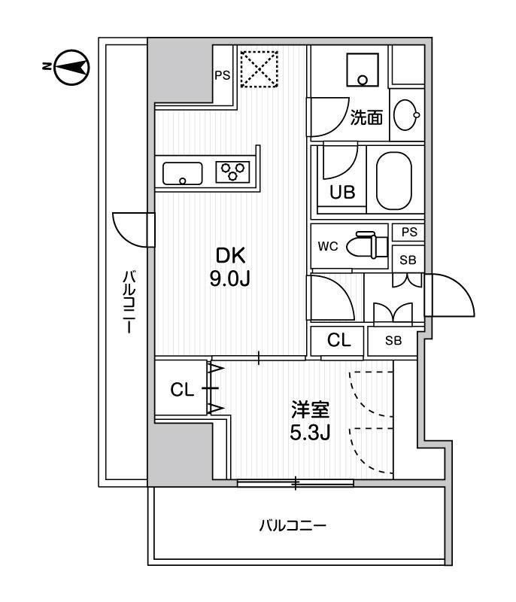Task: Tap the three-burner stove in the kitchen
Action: pos(233,172)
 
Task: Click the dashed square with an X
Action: pos(258,70)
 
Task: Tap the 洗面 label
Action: pos(366,117)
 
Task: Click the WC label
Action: pos(328,246)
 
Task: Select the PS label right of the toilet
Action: pos(408,233)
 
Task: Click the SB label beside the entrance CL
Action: pos(393,340)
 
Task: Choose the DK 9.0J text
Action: pos(229,266)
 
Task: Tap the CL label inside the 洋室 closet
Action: pos(182,390)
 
